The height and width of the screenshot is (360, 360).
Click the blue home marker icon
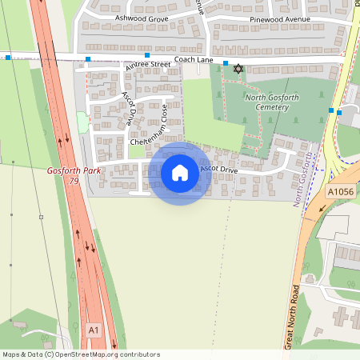(180, 172)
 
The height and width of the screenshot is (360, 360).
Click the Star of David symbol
(237, 69)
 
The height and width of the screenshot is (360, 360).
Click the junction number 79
(74, 182)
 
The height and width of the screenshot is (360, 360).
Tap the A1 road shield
(94, 330)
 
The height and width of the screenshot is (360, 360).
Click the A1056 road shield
(340, 192)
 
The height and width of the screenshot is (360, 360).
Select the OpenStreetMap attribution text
(80, 354)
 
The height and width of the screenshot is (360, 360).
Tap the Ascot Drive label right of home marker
(218, 170)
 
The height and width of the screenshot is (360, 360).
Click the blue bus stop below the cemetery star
(226, 63)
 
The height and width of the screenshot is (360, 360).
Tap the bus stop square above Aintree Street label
(147, 55)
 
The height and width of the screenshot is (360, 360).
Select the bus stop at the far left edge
(7, 58)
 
